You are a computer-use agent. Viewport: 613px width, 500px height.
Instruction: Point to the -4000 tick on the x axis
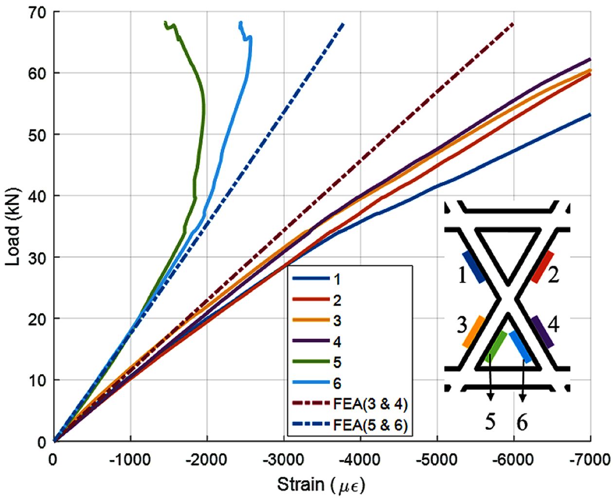pyautogui.click(x=361, y=459)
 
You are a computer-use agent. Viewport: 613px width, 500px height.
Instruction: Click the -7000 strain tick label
pyautogui.click(x=590, y=459)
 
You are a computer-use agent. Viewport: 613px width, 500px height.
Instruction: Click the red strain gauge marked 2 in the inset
pyautogui.click(x=542, y=267)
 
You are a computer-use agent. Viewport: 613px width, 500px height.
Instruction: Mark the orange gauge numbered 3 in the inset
pyautogui.click(x=473, y=332)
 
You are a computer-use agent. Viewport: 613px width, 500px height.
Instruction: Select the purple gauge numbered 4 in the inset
pyautogui.click(x=542, y=332)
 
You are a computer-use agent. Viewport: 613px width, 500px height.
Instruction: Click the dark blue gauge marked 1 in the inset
pyautogui.click(x=473, y=267)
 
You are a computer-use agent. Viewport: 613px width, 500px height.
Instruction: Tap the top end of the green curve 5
pyautogui.click(x=165, y=22)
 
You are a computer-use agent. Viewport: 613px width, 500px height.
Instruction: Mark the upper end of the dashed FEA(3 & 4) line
pyautogui.click(x=513, y=23)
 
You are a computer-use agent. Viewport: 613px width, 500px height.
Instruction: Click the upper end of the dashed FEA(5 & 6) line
pyautogui.click(x=343, y=23)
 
